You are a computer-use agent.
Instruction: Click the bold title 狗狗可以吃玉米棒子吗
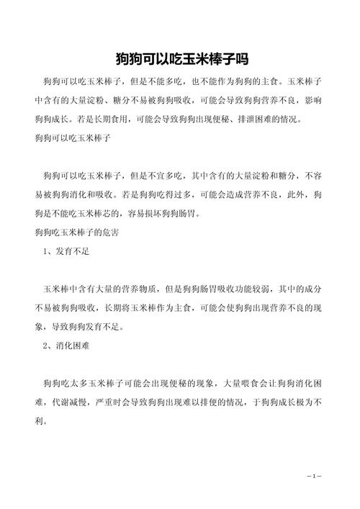click(x=180, y=58)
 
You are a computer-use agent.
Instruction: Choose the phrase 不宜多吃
click(x=154, y=175)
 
